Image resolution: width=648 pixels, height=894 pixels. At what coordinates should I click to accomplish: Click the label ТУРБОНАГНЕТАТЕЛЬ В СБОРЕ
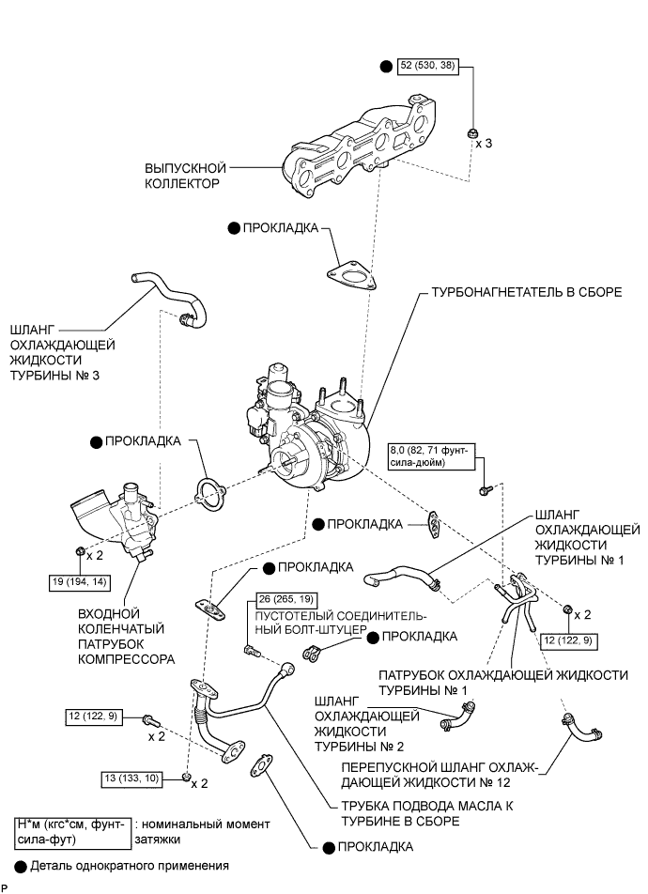click(x=527, y=292)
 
